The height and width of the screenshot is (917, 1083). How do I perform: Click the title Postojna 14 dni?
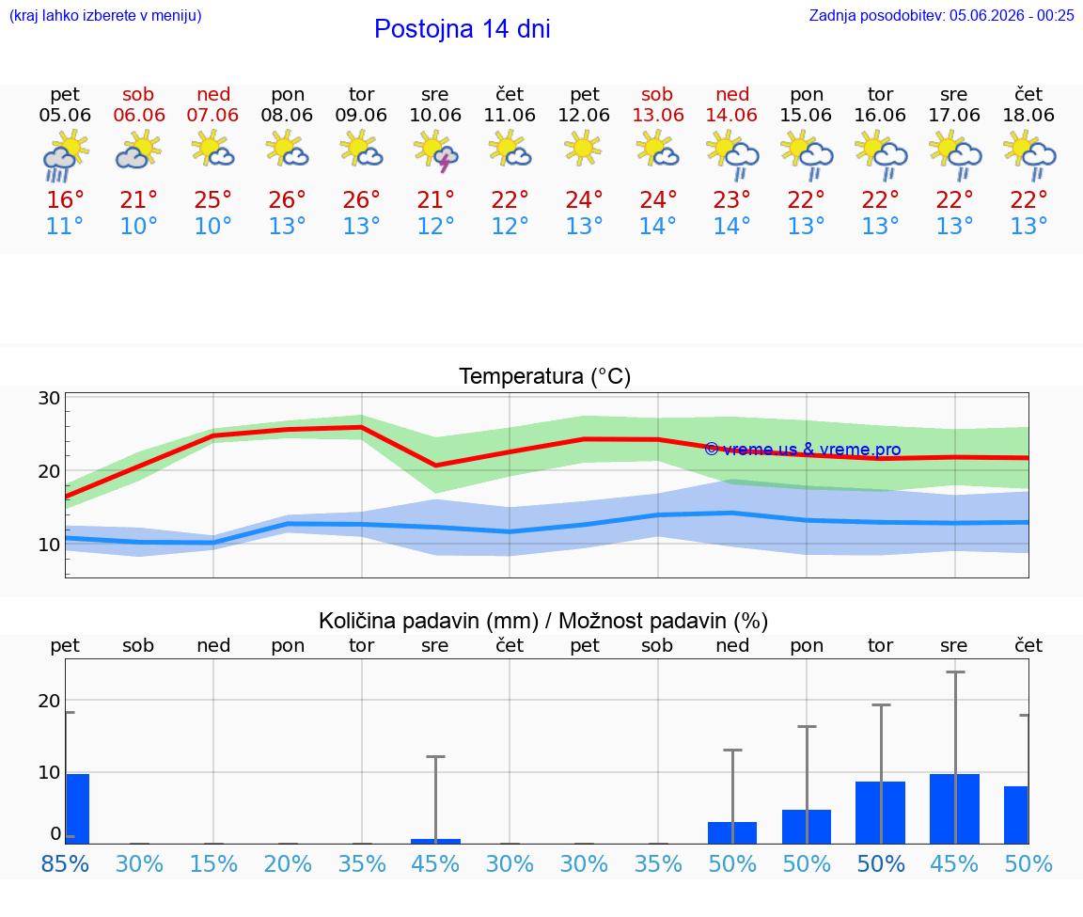463,29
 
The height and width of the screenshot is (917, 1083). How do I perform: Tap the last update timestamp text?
941,15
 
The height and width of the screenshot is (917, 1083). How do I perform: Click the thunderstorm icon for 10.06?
436,152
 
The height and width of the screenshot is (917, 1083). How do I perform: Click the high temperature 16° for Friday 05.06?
65,199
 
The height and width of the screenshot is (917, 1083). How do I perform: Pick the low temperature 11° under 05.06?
64,226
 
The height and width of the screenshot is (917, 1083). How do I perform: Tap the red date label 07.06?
212,115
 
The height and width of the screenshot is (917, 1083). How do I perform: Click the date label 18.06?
1028,115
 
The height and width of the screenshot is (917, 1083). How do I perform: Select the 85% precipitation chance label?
65,863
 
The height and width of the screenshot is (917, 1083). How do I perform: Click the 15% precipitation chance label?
213,863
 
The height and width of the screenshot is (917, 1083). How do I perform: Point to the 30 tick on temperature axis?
49,398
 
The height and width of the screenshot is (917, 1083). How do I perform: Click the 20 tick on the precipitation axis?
49,701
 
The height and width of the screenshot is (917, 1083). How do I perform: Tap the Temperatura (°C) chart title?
545,376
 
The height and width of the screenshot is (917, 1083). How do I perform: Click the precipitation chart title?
543,621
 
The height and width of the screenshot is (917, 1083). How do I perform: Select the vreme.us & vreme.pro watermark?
803,450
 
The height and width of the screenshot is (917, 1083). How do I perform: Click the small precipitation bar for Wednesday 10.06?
436,841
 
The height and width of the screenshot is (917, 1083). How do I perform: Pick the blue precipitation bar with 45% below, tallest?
954,809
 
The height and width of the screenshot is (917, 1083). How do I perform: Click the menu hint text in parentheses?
105,15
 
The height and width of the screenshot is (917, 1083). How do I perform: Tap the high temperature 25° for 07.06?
212,199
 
